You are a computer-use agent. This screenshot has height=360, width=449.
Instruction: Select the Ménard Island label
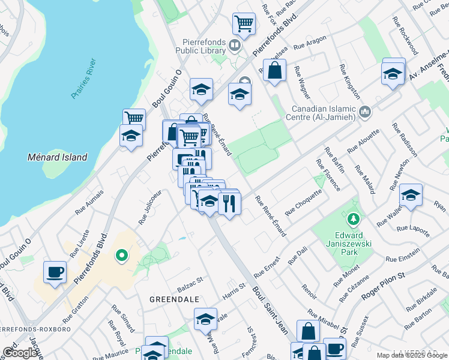tap(58, 157)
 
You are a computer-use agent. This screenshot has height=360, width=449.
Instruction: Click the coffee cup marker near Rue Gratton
tap(55, 272)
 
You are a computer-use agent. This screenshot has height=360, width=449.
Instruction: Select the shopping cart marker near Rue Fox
tap(244, 23)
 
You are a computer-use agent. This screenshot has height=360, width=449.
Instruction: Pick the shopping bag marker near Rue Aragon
tap(274, 70)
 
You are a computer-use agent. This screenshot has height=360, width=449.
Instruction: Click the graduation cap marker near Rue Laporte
tap(411, 194)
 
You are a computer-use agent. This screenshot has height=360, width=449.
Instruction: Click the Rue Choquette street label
tap(303, 203)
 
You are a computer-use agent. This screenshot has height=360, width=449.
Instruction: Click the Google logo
tap(20, 353)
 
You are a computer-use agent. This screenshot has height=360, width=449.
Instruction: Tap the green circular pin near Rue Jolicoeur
tap(121, 257)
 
